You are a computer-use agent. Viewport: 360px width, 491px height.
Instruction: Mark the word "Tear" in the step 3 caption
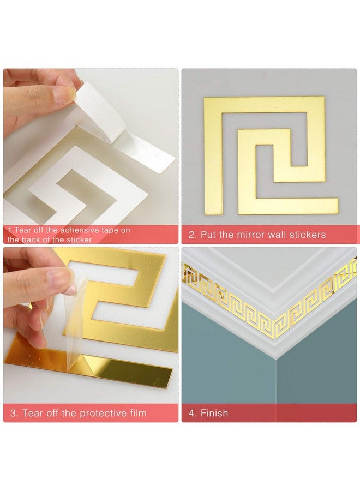click(x=32, y=413)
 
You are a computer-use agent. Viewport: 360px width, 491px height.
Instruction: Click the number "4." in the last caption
click(x=193, y=413)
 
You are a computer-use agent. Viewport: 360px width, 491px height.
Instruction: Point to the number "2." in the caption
click(x=193, y=235)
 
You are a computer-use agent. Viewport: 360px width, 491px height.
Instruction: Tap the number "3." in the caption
click(x=14, y=413)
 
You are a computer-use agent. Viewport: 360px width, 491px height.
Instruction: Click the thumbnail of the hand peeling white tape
click(x=91, y=147)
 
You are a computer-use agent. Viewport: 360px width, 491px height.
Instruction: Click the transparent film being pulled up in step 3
click(x=76, y=316)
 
